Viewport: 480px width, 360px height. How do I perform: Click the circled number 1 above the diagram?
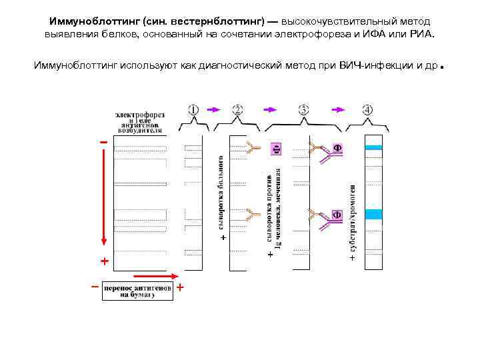point(193,109)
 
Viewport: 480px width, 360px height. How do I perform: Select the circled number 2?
point(238,109)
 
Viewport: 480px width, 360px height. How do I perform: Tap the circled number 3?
point(303,109)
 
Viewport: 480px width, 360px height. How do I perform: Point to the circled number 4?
point(367,109)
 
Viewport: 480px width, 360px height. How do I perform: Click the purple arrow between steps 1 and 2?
point(215,109)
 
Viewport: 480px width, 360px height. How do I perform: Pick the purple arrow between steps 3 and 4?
point(340,109)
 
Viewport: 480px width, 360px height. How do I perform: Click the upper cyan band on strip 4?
point(373,147)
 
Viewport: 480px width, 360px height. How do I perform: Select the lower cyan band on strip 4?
point(373,214)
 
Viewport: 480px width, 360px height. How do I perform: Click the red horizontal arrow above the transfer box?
point(155,275)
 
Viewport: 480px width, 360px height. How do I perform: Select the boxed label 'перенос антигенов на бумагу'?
point(137,291)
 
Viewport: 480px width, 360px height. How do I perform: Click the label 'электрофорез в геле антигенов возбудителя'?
point(140,123)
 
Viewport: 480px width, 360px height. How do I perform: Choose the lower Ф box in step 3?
point(337,215)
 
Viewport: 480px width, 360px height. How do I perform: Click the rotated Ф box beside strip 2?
point(275,149)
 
